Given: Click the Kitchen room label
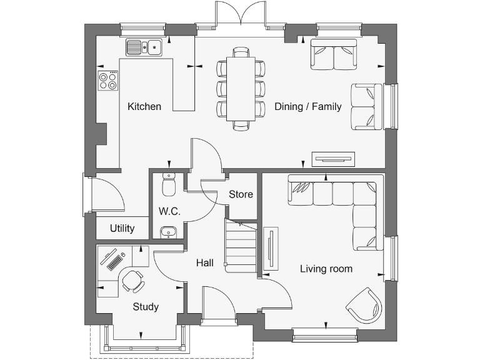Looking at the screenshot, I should (144, 106).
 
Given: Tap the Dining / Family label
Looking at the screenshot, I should (307, 106).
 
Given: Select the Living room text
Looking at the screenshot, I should (326, 269).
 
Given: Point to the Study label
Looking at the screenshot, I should (146, 307).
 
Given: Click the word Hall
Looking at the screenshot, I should (204, 262).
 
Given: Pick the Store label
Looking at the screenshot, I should (241, 194).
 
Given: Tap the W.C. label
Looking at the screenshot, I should (169, 211).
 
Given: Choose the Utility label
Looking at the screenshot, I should (122, 228).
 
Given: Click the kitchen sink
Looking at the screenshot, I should (144, 47).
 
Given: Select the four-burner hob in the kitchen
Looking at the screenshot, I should (108, 81).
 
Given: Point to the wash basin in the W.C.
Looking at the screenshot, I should (168, 232).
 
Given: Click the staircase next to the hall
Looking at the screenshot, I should (241, 247).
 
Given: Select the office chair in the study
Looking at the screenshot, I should (132, 281).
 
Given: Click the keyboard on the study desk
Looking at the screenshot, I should (114, 262).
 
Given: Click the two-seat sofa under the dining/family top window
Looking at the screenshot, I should (334, 55).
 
